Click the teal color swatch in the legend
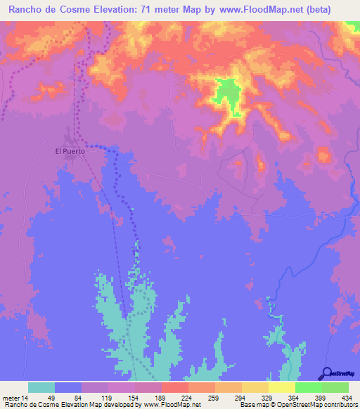[x=41, y=387]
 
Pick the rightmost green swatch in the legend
[x=335, y=387]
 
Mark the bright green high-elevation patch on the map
[x=228, y=95]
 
